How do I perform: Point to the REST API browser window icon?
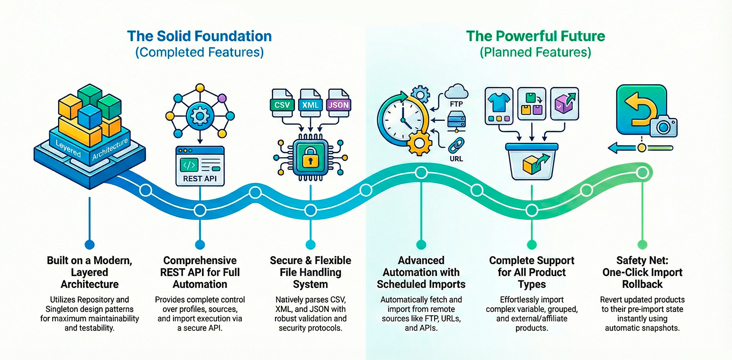(200, 166)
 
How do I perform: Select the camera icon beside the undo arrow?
(663, 126)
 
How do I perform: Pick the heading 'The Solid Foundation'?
(199, 36)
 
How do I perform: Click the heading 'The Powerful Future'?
(535, 36)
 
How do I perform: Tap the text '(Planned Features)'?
(535, 52)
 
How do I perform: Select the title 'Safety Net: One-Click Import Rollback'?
(642, 272)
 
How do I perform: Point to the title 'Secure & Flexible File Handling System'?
(310, 272)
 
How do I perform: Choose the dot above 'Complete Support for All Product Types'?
(532, 244)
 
